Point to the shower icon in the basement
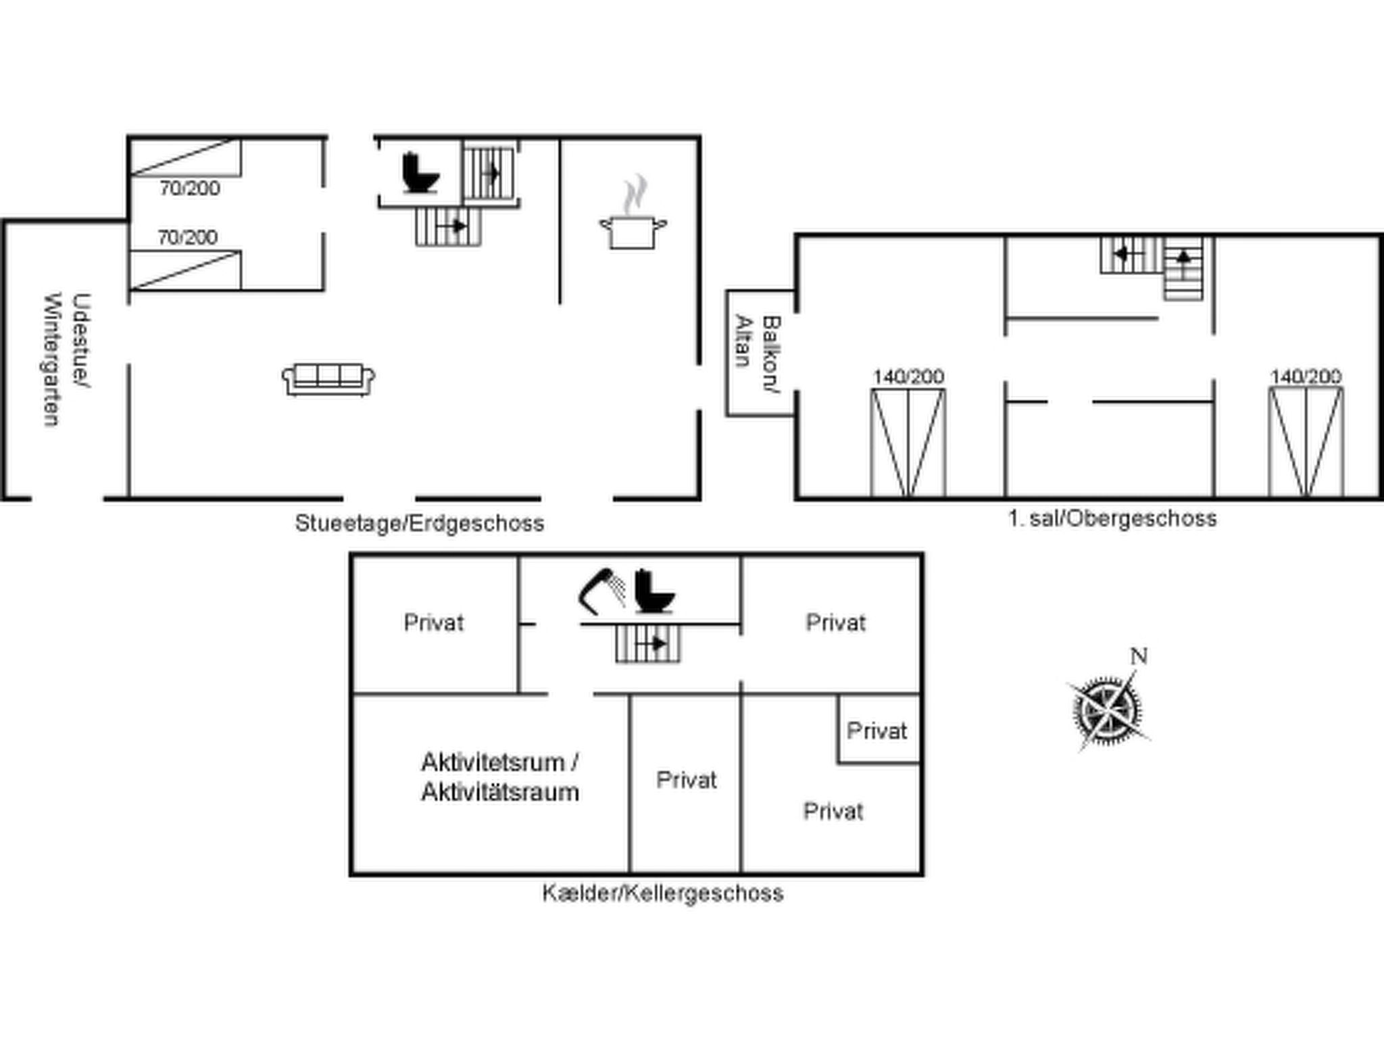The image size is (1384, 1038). (x=601, y=591)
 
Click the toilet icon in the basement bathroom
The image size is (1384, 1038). (x=655, y=591)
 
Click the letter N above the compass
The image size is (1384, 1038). (x=1139, y=656)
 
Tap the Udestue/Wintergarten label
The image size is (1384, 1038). (x=66, y=360)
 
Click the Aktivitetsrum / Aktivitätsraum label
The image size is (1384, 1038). (x=500, y=777)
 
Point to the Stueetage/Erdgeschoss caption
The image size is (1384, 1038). (x=420, y=523)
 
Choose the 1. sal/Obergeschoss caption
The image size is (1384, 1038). (x=1112, y=518)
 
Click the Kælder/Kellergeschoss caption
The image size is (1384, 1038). (x=663, y=893)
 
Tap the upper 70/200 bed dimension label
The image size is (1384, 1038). (x=190, y=188)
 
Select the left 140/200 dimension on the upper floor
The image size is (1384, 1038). (x=908, y=376)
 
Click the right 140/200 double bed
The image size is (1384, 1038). (x=1306, y=443)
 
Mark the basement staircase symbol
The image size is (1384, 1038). (x=647, y=643)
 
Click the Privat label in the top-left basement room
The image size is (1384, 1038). (x=434, y=622)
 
